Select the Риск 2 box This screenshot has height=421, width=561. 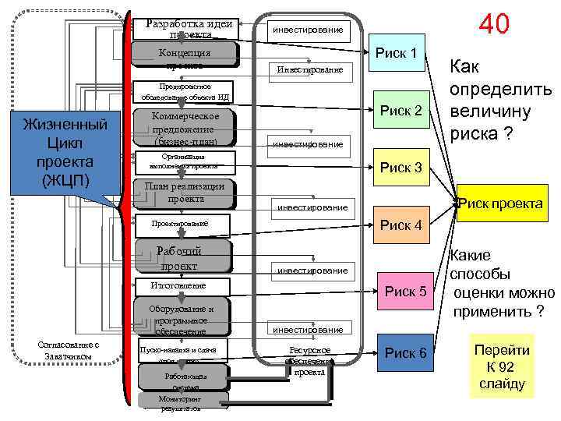[400, 111]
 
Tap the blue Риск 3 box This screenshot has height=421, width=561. [400, 168]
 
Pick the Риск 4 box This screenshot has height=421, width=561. [400, 225]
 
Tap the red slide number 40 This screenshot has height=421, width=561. [494, 24]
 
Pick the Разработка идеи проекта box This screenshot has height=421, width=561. [190, 28]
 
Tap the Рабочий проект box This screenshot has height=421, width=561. [183, 258]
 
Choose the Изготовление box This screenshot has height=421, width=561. [183, 286]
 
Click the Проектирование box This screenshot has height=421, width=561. [184, 224]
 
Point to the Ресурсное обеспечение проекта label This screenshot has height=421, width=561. [309, 361]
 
